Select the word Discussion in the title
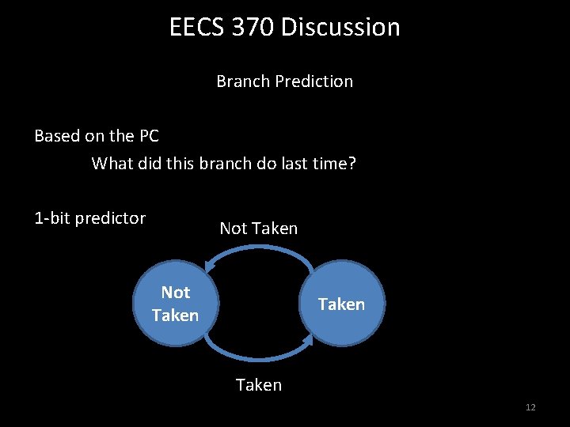(x=340, y=28)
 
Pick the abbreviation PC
(x=149, y=136)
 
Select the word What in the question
(x=112, y=164)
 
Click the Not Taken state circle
(x=176, y=304)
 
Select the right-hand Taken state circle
(x=341, y=304)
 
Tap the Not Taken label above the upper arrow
(x=259, y=229)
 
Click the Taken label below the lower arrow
(x=259, y=385)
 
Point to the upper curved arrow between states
(x=259, y=249)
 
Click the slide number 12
(x=530, y=407)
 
